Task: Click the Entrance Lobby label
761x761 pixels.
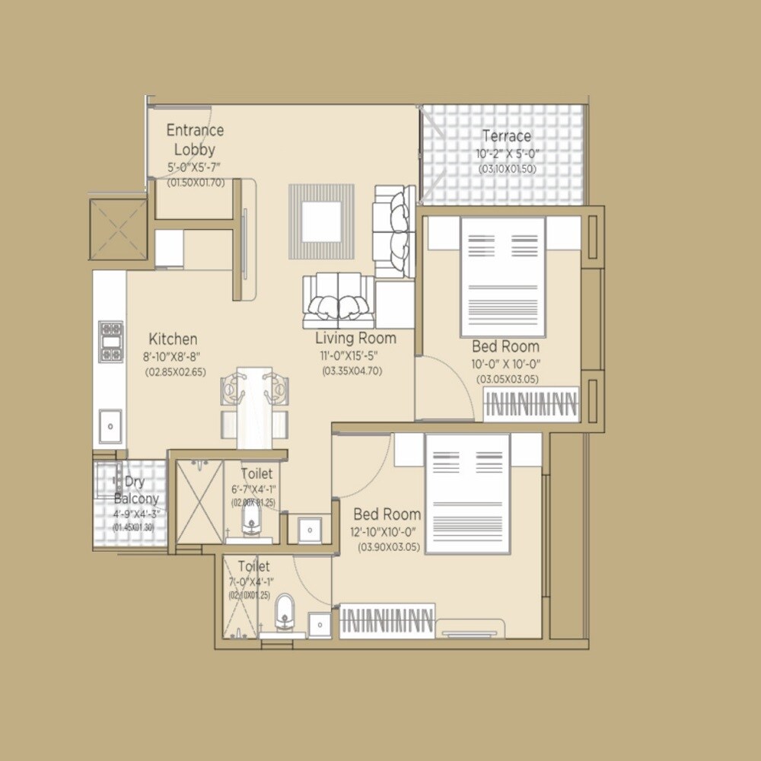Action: (195, 139)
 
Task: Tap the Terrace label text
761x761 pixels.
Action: (506, 136)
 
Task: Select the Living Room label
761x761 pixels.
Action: (355, 338)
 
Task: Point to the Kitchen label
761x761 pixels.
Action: (173, 339)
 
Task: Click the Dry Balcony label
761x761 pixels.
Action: (137, 491)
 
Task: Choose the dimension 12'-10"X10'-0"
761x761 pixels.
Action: (386, 533)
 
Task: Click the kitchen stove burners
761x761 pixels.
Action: (111, 342)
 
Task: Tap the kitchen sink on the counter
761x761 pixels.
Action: (111, 423)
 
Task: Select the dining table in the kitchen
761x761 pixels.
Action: (253, 407)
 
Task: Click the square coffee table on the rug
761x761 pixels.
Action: (320, 221)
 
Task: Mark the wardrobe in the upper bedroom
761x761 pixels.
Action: (532, 404)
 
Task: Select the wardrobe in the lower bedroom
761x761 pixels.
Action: (387, 619)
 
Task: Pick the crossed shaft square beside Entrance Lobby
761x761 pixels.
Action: (118, 228)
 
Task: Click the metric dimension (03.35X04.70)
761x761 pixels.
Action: (352, 371)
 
